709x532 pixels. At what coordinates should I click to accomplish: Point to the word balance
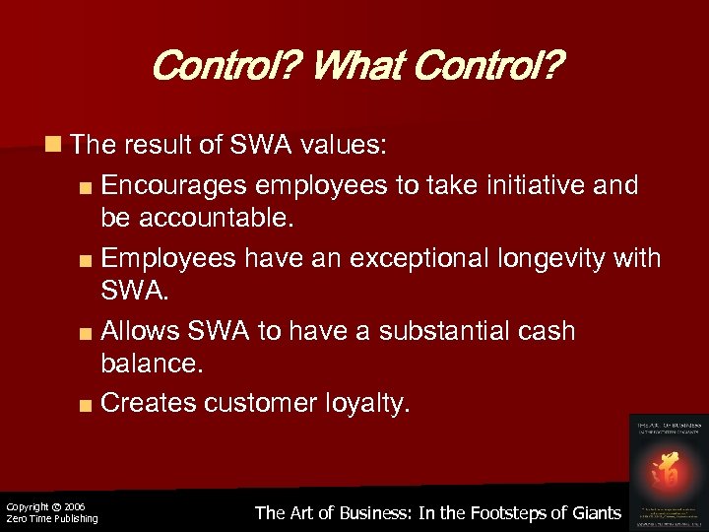coord(151,366)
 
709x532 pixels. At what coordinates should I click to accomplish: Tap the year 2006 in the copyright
coord(74,506)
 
